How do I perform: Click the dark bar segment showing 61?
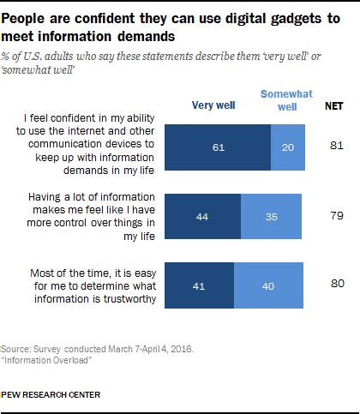[217, 147]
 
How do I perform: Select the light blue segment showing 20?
[287, 147]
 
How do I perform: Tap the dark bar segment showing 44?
[202, 218]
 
